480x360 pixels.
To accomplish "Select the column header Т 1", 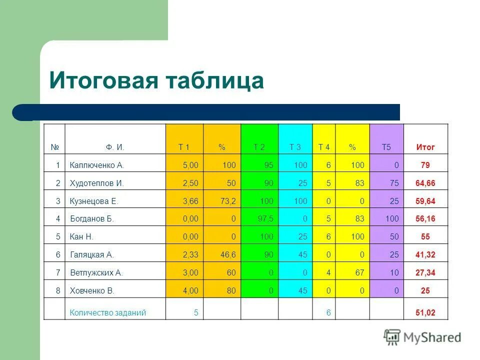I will click(184, 147).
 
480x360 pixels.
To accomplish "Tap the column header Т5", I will click(386, 147).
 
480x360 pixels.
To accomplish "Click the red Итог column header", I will click(425, 147).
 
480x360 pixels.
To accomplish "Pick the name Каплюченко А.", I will click(96, 165).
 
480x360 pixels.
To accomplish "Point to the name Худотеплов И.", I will click(96, 183).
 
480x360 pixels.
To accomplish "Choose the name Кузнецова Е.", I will click(94, 201).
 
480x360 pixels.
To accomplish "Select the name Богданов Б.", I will click(92, 219).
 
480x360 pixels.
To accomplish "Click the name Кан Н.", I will click(81, 237).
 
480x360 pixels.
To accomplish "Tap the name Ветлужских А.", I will click(96, 273).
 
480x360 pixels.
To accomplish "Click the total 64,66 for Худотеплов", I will click(425, 183).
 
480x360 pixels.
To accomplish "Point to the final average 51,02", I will click(425, 313).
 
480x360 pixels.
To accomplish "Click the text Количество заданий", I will click(108, 313).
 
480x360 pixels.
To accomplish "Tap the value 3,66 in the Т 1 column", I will click(190, 201).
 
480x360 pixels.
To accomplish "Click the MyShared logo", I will click(422, 337).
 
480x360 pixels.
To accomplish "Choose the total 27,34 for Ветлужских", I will click(425, 273).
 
